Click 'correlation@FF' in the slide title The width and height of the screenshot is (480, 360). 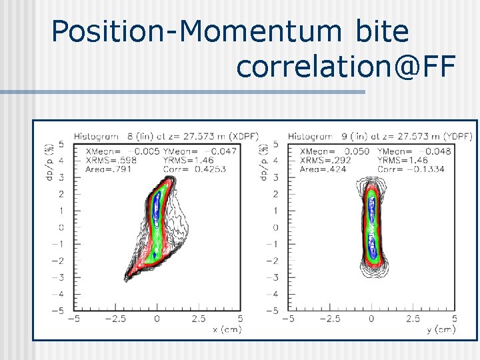click(345, 66)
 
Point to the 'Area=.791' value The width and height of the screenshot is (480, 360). click(109, 169)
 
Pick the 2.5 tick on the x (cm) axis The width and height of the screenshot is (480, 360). click(198, 319)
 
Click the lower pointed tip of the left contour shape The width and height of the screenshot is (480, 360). click(127, 278)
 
